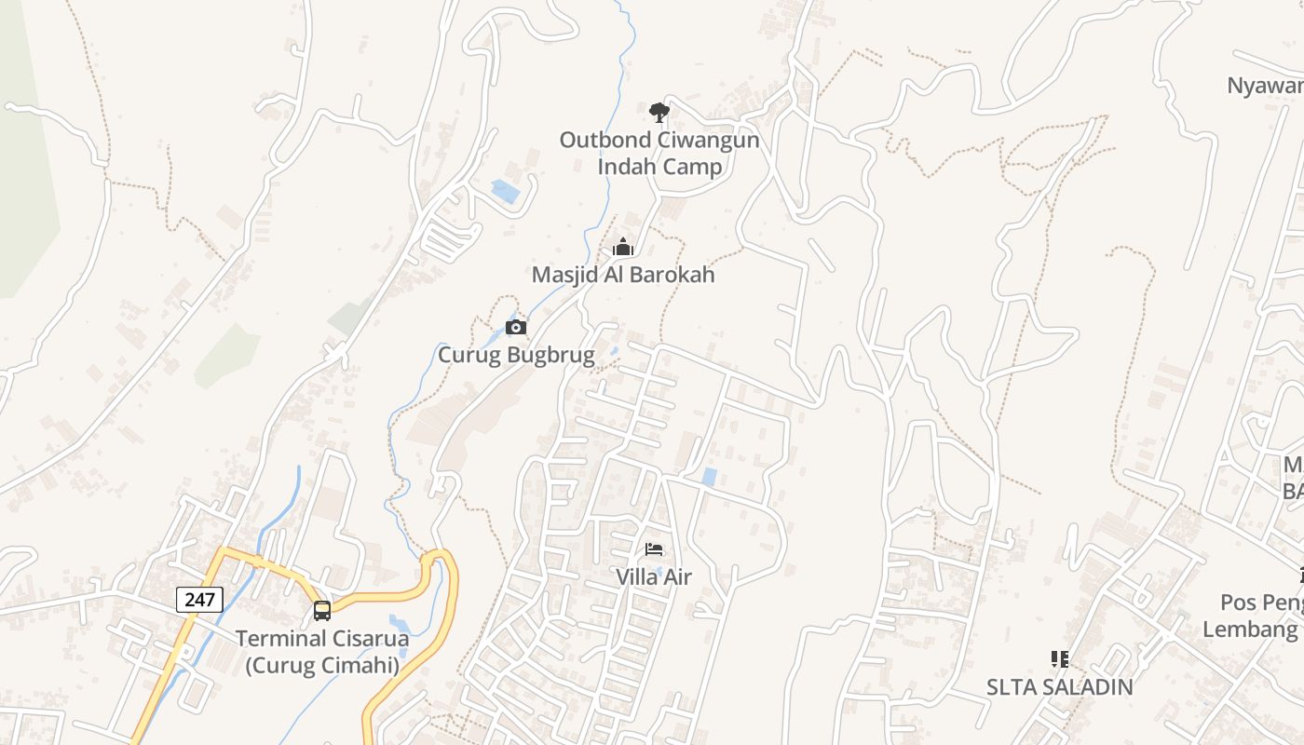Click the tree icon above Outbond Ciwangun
coord(659,113)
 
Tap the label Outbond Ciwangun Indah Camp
coord(659,154)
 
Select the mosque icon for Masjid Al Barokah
coord(623,248)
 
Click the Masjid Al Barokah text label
coord(623,275)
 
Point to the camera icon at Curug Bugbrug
coord(516,327)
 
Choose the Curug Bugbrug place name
coord(516,355)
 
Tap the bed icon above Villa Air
coord(654,549)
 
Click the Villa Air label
coord(654,577)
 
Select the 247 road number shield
coord(199,599)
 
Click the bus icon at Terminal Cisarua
coord(322,611)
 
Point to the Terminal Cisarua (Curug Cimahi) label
coord(322,652)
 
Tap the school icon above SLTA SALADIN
coord(1059,659)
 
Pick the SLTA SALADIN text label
coord(1059,687)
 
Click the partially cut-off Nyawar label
coord(1265,86)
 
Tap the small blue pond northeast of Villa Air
coord(709,477)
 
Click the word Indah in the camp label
coord(630,168)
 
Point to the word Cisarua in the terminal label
coord(364,639)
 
